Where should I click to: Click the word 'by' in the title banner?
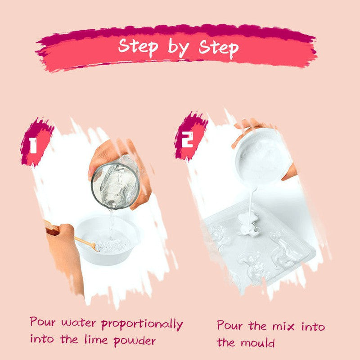coord(179,48)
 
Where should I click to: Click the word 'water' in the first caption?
coord(78,323)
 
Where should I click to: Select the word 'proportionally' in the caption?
coord(142,324)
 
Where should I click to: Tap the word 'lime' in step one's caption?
coord(96,339)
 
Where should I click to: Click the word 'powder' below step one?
coord(135,341)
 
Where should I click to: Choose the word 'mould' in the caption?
coord(257,342)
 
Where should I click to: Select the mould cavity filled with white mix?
coord(248,224)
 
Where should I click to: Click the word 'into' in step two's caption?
coord(313,326)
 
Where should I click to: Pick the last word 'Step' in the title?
coord(218,48)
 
